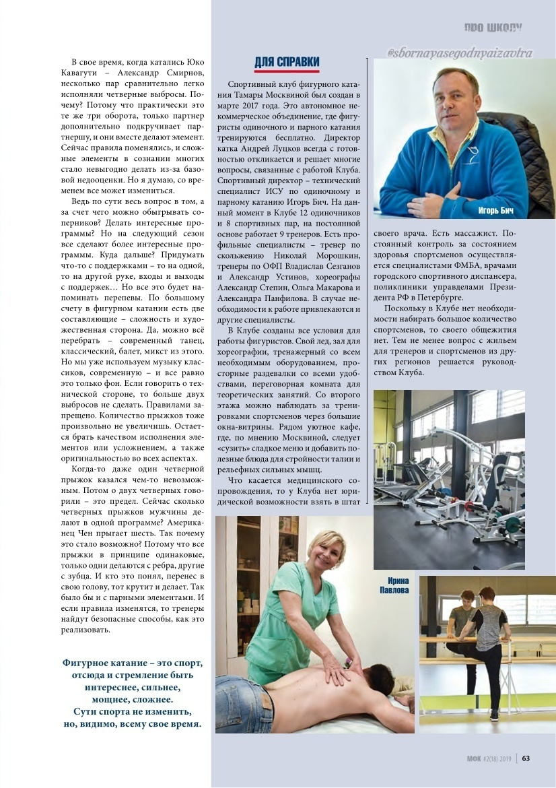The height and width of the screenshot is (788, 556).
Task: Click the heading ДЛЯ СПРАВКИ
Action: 287,63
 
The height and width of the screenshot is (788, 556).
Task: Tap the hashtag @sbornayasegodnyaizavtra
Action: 460,52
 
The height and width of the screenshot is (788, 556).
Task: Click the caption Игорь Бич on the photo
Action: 495,211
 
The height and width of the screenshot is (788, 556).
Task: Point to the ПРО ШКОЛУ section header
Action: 493,28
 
